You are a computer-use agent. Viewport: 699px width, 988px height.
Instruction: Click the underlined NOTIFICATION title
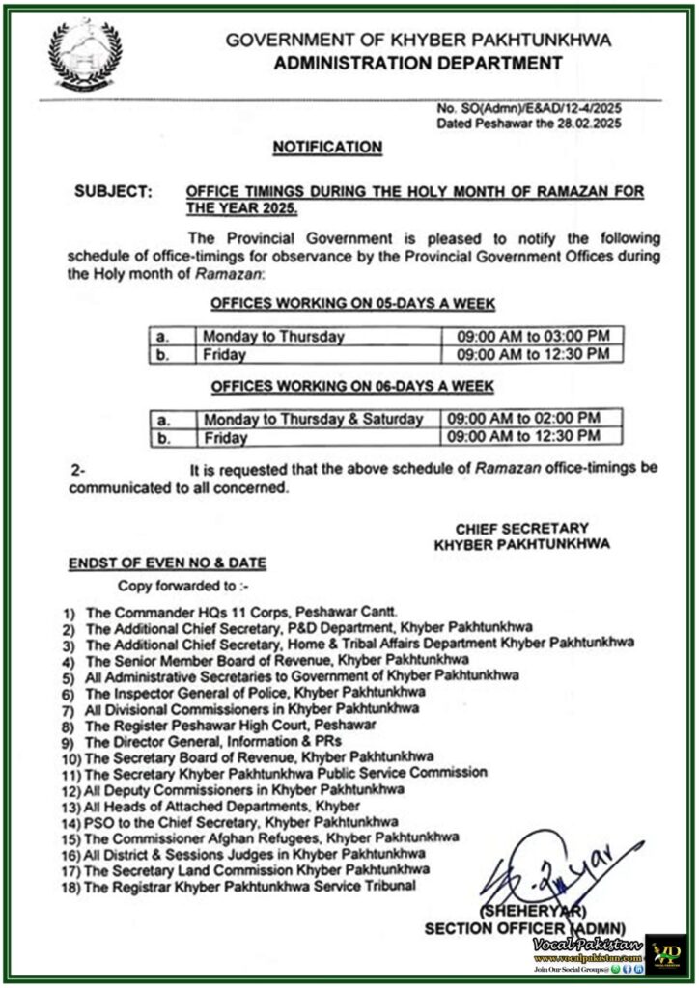point(327,147)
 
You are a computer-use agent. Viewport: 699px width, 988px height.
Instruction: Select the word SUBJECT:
point(113,193)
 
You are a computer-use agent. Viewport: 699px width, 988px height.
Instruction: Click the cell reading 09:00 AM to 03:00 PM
point(527,336)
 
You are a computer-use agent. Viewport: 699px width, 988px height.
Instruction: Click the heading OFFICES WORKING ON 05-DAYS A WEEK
point(353,304)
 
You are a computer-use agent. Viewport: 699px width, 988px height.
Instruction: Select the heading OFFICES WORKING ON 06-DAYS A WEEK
point(353,386)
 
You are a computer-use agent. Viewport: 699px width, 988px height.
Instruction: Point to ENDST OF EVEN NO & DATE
point(167,563)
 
